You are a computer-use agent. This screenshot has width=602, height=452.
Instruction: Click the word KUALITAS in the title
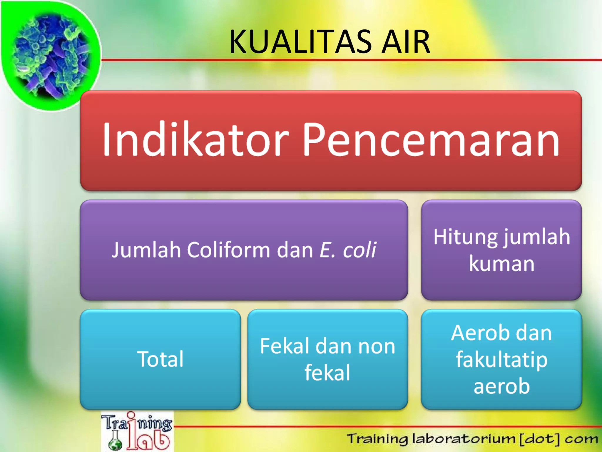point(300,42)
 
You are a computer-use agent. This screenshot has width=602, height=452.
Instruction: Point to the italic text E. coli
point(348,250)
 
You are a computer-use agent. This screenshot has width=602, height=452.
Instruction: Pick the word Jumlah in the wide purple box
point(146,250)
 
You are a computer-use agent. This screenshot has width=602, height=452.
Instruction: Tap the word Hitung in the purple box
point(465,237)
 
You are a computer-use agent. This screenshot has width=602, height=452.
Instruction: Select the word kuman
point(501,264)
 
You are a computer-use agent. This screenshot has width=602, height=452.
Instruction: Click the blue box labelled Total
point(160,359)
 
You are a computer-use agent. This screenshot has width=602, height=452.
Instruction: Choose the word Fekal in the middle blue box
point(285,346)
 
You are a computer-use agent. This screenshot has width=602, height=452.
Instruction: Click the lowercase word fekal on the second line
point(327,373)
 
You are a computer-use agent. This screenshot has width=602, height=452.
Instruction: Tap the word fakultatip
point(501,360)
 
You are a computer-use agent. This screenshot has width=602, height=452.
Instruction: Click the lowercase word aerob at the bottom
point(501,386)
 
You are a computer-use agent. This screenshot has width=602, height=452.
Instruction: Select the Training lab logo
point(137,431)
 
